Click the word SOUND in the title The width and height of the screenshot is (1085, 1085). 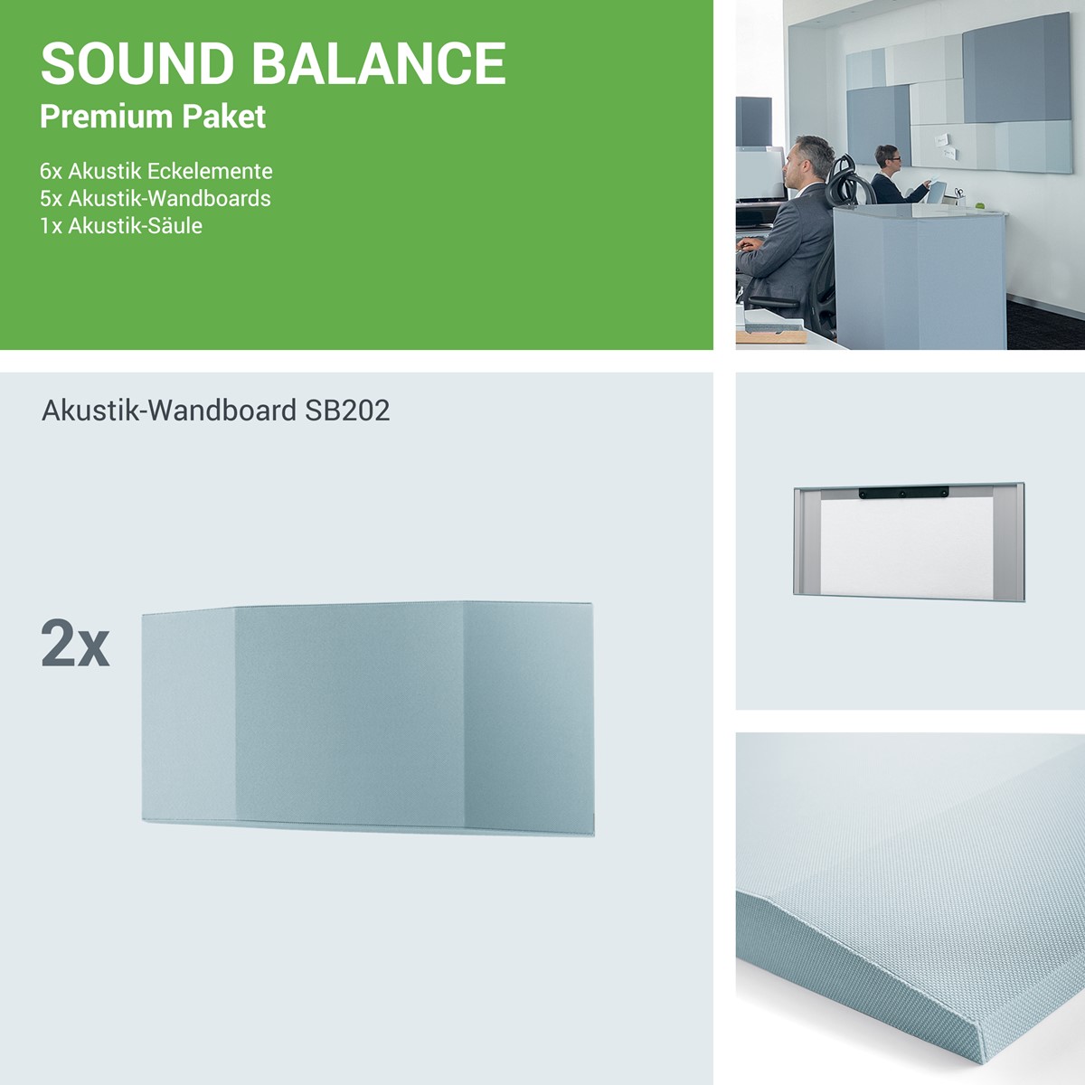click(x=137, y=63)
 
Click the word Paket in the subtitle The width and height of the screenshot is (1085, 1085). click(x=223, y=117)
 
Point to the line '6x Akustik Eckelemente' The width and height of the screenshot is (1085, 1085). click(x=156, y=171)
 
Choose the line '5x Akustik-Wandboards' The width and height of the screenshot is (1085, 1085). click(x=156, y=198)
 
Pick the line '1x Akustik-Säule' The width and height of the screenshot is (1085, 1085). click(x=121, y=226)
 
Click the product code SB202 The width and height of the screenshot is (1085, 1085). click(x=347, y=410)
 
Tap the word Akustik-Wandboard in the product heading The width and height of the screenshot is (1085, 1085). click(x=169, y=410)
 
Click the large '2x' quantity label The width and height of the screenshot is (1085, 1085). click(x=75, y=644)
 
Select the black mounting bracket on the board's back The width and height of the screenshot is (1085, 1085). click(x=903, y=494)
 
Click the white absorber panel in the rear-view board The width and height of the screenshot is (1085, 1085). click(x=907, y=545)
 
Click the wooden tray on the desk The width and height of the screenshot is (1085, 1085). click(x=772, y=336)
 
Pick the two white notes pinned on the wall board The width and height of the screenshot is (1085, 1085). click(x=946, y=146)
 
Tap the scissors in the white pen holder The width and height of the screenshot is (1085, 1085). click(x=958, y=193)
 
